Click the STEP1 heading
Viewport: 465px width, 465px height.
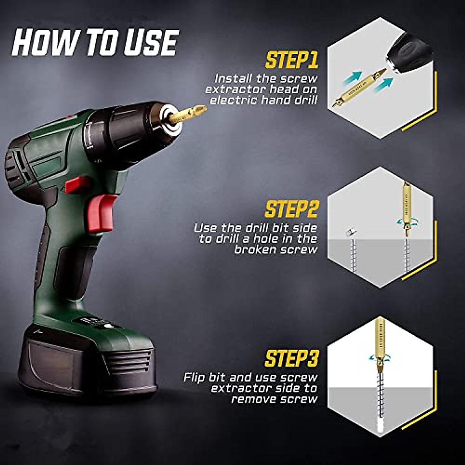pyautogui.click(x=291, y=61)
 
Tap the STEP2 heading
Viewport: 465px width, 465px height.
pyautogui.click(x=291, y=209)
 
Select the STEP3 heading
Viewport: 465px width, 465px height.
pyautogui.click(x=291, y=358)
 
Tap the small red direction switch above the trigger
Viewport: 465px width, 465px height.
pyautogui.click(x=77, y=185)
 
